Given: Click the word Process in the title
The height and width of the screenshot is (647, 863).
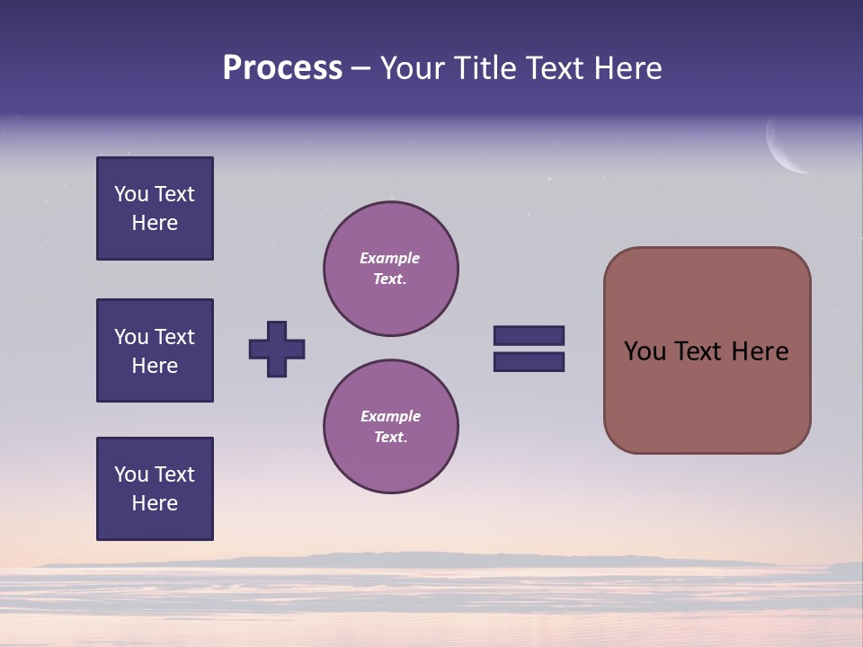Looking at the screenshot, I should click(x=282, y=68).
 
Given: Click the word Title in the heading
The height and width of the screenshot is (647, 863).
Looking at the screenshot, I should click(x=482, y=68).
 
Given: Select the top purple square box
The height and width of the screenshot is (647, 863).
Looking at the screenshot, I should click(x=155, y=208).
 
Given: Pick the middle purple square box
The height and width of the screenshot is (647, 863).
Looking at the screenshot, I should click(x=155, y=350).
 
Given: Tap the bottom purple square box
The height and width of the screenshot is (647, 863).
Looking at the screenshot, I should click(x=155, y=489).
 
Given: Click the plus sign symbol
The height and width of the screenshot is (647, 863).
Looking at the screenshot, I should click(x=277, y=349).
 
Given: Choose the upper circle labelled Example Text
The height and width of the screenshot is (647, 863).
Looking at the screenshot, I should click(x=391, y=269).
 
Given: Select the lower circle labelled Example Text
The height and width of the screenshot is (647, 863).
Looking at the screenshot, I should click(x=391, y=427).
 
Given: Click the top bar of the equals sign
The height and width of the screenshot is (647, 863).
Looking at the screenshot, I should click(x=529, y=335).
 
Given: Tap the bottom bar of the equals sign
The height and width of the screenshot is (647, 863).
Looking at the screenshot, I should click(x=529, y=361).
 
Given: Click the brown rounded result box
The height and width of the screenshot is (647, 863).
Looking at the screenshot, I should click(x=707, y=350).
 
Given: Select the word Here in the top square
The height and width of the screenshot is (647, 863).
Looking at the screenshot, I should click(x=155, y=223).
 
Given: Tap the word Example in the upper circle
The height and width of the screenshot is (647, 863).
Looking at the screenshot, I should click(x=389, y=258).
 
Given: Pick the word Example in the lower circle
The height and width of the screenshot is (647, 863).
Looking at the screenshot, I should click(x=390, y=416).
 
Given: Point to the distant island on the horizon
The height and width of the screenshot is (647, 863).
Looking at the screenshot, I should click(x=360, y=559).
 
